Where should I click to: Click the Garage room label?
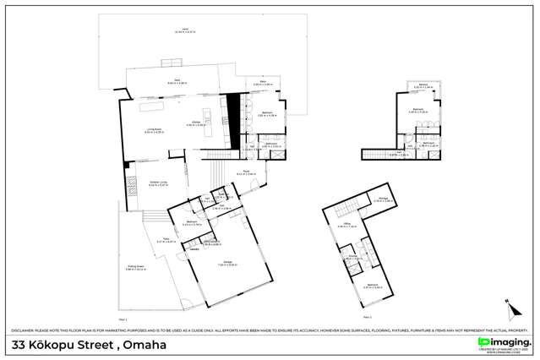(227, 265)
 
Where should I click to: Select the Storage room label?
(383, 200)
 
